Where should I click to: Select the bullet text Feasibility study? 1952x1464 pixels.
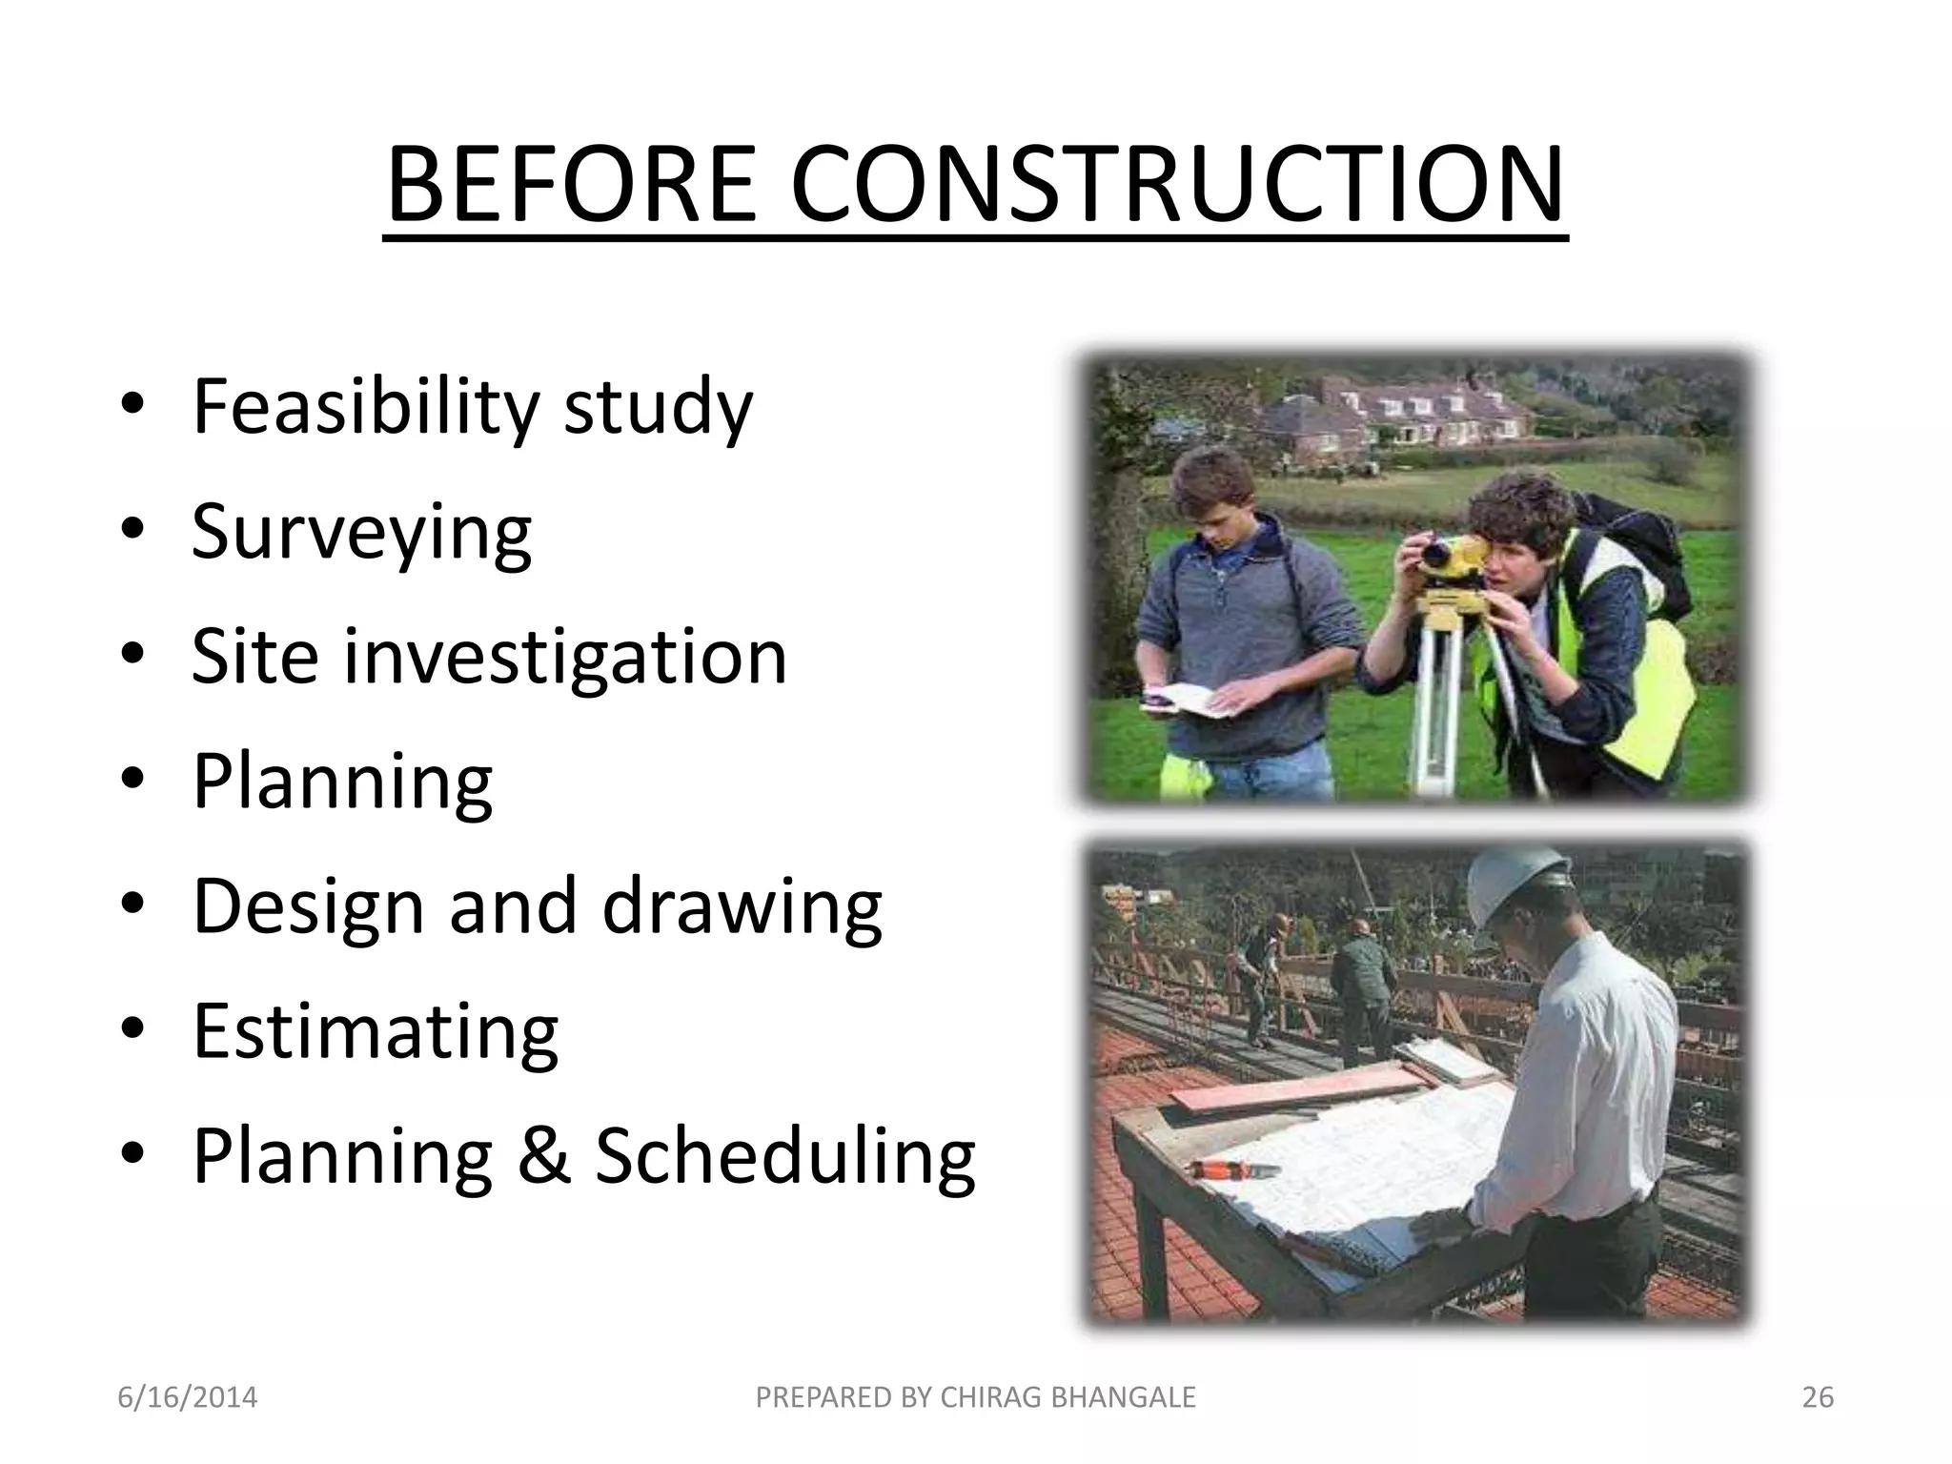coord(472,407)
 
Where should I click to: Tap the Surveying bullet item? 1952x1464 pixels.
coord(361,532)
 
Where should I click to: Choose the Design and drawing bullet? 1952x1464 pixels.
coord(537,905)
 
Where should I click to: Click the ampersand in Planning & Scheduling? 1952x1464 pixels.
coord(544,1155)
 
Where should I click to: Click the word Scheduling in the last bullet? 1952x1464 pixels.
coord(785,1155)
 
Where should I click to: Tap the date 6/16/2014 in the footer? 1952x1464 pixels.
coord(187,1397)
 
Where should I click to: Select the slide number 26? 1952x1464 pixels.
coord(1818,1397)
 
